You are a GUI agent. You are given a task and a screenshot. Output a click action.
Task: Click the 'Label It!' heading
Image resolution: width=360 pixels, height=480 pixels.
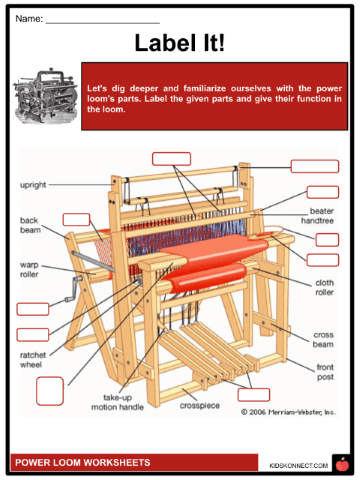click(x=180, y=43)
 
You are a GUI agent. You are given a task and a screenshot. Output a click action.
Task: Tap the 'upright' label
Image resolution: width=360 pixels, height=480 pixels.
click(x=33, y=185)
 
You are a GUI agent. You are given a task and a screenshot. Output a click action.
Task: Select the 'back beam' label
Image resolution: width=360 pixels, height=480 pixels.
click(x=30, y=225)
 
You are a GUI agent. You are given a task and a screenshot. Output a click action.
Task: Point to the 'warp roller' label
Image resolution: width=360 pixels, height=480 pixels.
click(x=29, y=270)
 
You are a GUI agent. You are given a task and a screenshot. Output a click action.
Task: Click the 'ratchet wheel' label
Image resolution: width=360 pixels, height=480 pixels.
click(x=33, y=360)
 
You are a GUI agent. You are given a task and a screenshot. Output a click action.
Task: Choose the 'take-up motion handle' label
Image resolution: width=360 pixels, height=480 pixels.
click(x=117, y=402)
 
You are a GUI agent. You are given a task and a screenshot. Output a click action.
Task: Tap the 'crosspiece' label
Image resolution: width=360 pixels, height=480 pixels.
click(x=200, y=406)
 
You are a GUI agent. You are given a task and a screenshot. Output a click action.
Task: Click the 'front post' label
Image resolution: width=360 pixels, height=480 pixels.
click(x=325, y=372)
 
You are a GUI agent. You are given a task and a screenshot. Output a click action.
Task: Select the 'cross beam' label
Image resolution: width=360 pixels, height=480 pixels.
click(x=323, y=339)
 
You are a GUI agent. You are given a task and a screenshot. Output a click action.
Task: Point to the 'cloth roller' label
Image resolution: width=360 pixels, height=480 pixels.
click(x=324, y=287)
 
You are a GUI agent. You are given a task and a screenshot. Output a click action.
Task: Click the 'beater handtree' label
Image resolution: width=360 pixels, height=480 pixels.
click(x=317, y=216)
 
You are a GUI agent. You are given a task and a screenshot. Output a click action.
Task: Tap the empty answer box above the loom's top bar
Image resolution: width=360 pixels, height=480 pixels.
click(x=171, y=159)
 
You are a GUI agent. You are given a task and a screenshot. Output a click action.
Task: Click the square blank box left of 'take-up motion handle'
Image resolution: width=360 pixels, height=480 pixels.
click(x=50, y=391)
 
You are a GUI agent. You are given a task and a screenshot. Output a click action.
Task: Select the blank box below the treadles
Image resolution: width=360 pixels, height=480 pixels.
click(x=254, y=395)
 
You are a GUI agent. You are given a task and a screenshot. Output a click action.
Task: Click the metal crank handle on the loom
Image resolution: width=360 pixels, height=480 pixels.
click(x=74, y=289)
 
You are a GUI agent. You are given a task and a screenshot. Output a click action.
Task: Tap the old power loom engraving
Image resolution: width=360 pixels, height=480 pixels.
click(x=46, y=96)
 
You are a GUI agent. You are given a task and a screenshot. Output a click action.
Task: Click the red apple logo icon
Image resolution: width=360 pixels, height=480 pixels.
click(x=342, y=464)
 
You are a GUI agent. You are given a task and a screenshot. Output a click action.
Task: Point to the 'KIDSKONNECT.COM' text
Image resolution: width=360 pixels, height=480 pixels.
click(x=298, y=465)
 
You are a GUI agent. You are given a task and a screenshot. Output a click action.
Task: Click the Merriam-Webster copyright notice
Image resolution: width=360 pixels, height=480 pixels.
click(x=288, y=412)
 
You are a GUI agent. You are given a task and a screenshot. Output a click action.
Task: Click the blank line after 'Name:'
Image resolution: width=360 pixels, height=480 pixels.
click(x=103, y=23)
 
